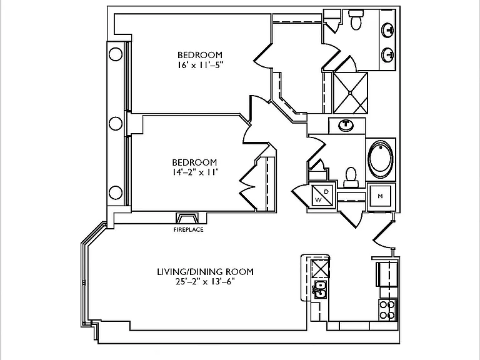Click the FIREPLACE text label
tap(188, 229)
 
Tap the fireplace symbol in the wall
tap(187, 218)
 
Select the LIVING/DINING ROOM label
tap(205, 271)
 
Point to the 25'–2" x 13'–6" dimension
tap(205, 281)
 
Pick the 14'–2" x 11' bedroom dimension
tap(195, 172)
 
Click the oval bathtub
tap(381, 159)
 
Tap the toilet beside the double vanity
tap(356, 19)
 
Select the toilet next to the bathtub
tap(351, 177)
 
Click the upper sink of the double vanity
tap(387, 30)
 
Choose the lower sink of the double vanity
tap(387, 55)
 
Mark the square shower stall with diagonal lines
tap(350, 92)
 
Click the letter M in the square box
tap(380, 196)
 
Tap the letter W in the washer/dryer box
tap(318, 200)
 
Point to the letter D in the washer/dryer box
tap(326, 192)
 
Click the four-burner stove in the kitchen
tap(387, 310)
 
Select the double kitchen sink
tap(319, 289)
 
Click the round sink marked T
tap(346, 124)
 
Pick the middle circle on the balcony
tap(116, 124)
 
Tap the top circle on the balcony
tap(116, 54)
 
